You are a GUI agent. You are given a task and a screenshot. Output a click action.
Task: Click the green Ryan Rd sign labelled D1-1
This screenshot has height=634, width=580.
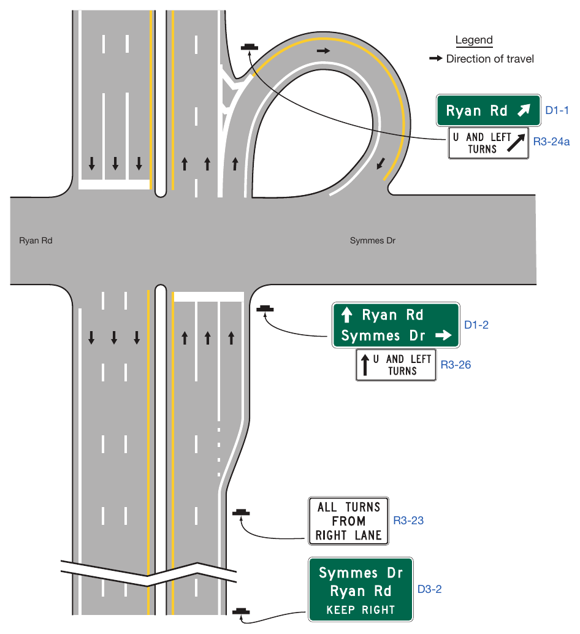click(x=488, y=110)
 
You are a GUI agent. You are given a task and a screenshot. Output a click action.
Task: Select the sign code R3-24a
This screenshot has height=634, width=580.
click(x=551, y=142)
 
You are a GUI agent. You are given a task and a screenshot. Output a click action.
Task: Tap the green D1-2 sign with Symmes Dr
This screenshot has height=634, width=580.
click(x=395, y=325)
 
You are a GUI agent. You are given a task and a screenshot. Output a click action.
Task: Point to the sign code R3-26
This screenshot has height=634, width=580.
click(x=456, y=365)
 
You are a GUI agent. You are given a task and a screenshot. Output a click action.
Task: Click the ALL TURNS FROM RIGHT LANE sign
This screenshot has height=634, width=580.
click(x=348, y=521)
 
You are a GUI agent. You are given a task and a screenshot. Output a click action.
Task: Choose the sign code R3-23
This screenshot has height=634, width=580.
click(x=408, y=521)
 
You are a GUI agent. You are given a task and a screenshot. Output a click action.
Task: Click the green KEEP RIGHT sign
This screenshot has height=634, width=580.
click(x=361, y=589)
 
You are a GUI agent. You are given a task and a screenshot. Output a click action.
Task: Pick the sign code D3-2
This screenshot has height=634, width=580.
click(x=429, y=589)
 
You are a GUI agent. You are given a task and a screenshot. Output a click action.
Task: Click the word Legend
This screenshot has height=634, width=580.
click(x=474, y=40)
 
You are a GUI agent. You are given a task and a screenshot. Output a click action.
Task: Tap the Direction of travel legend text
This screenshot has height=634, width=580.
click(x=490, y=59)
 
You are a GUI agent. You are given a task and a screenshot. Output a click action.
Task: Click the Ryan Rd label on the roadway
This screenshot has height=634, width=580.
click(x=36, y=240)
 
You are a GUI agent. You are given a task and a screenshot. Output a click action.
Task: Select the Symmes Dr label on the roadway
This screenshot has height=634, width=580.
click(x=372, y=240)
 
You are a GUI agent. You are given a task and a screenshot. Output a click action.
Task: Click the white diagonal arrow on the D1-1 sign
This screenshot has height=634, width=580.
click(x=524, y=110)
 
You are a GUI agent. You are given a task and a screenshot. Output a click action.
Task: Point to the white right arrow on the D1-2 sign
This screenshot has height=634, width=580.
click(x=443, y=335)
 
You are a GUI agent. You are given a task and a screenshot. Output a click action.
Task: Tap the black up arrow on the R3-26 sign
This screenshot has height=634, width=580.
click(x=365, y=365)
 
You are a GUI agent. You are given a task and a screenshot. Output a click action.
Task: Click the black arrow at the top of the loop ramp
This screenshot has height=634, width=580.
click(x=323, y=51)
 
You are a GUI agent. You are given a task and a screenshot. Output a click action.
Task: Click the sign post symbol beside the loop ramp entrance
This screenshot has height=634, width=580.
click(x=250, y=48)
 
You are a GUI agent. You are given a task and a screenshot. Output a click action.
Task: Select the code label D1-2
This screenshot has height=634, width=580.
click(x=476, y=325)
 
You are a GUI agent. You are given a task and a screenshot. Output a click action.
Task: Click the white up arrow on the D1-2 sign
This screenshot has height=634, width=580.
click(x=347, y=315)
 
